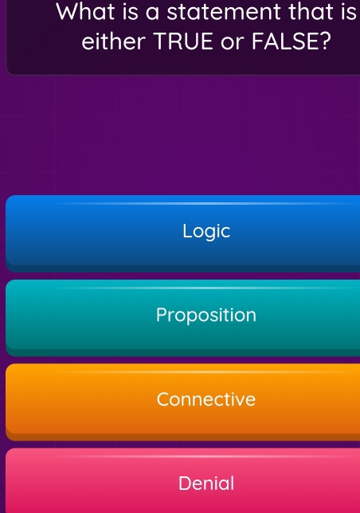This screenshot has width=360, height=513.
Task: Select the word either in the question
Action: (109, 41)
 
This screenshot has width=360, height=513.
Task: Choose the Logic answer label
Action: (206, 231)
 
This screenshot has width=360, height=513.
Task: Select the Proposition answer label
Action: (206, 315)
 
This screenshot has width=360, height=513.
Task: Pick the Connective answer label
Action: (206, 399)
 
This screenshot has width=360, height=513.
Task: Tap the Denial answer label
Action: (206, 483)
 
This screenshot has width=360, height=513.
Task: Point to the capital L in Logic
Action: (187, 231)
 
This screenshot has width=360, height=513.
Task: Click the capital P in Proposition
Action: (162, 315)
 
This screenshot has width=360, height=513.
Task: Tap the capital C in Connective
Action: (164, 399)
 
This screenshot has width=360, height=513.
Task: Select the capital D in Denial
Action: (185, 483)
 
